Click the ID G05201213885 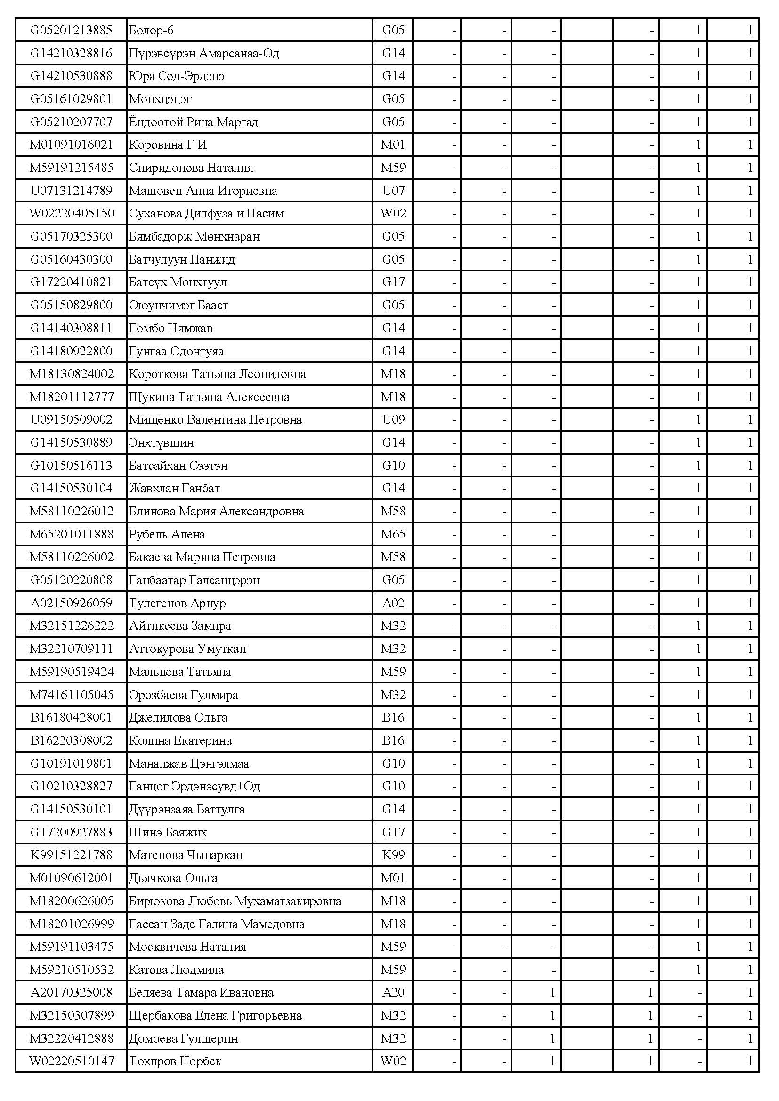[x=71, y=30]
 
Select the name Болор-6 [x=151, y=30]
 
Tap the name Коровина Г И [x=167, y=145]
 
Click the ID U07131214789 [x=71, y=190]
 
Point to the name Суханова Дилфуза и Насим [x=206, y=213]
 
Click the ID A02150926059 [x=71, y=603]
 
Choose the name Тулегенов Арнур [x=177, y=603]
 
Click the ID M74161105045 [x=71, y=694]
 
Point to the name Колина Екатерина [x=180, y=740]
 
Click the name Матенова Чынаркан [x=186, y=855]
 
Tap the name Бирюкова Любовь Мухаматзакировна [x=235, y=901]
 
